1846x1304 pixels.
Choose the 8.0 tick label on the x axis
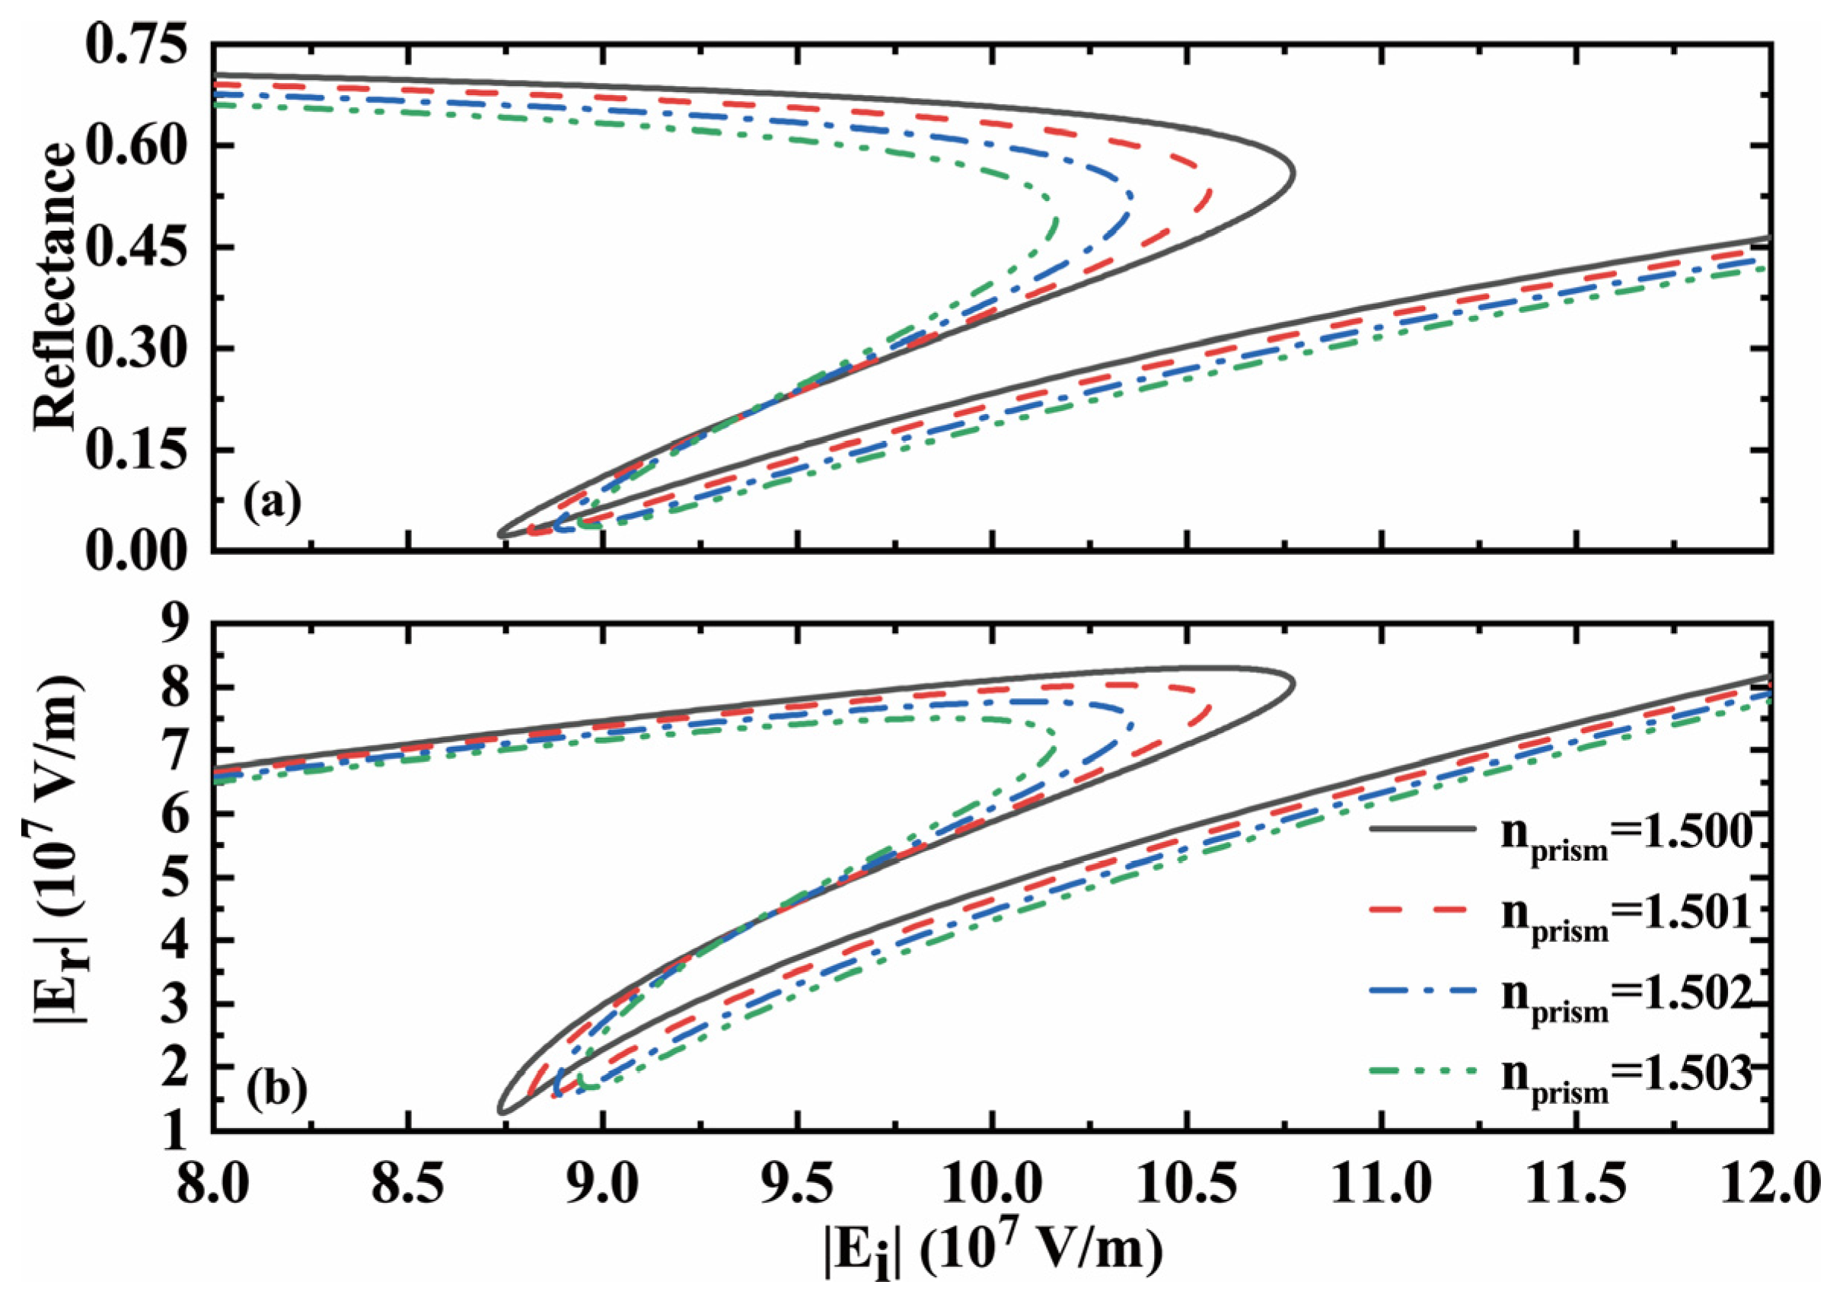tap(213, 1183)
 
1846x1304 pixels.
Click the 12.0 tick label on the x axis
tap(1769, 1183)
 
